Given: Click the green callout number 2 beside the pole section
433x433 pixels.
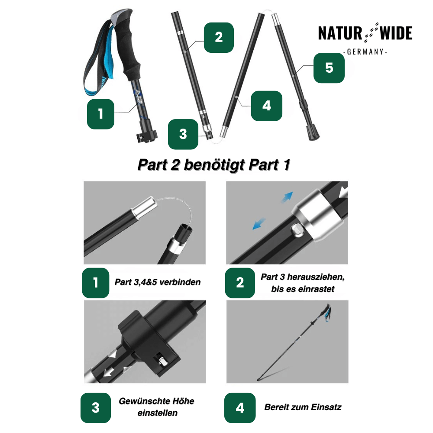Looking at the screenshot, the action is [x=219, y=38].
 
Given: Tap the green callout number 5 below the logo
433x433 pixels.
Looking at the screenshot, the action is [x=329, y=68].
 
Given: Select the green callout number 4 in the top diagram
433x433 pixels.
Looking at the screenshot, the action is [x=266, y=106].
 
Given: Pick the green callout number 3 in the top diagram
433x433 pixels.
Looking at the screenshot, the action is [x=183, y=134].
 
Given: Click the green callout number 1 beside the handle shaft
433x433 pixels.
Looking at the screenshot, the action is [x=100, y=114].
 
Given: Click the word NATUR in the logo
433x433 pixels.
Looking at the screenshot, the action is [x=340, y=33].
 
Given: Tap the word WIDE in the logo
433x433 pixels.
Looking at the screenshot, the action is [x=396, y=33].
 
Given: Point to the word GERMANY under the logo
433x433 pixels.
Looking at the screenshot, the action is [x=365, y=52].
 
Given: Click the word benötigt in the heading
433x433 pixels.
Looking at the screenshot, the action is [x=214, y=165].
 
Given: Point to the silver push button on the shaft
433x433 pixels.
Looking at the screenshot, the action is [x=297, y=230].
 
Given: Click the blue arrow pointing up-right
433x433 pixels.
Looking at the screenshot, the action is [x=288, y=197].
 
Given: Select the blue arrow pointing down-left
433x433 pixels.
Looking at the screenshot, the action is [x=259, y=224].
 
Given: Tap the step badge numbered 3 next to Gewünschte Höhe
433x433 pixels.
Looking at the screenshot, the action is [x=96, y=407].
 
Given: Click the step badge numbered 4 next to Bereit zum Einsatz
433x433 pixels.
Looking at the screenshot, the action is [x=240, y=407].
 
